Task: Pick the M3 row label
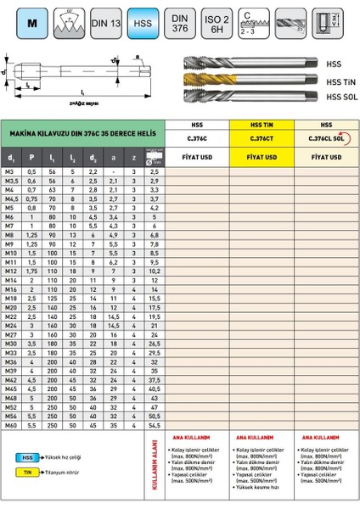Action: click(x=11, y=172)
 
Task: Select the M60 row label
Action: click(x=11, y=425)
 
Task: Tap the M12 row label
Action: click(x=11, y=271)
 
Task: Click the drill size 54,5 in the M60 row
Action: click(x=154, y=425)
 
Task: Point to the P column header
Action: click(x=32, y=157)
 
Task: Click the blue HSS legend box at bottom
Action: click(x=27, y=455)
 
